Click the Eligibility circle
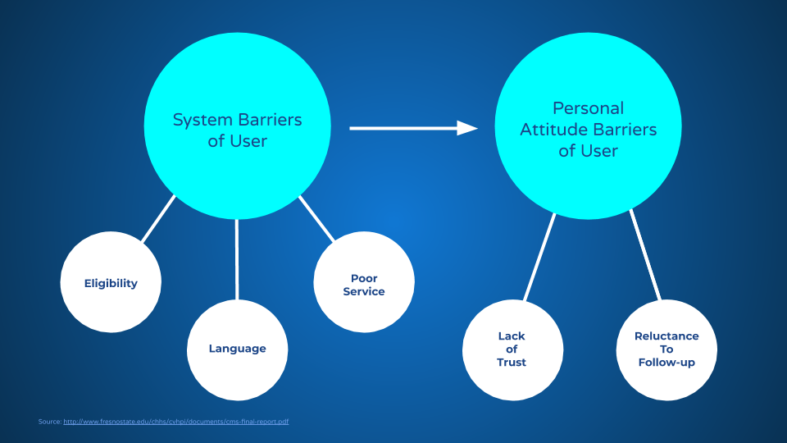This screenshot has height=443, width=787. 111,282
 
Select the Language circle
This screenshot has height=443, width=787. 237,349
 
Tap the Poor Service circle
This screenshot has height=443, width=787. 363,283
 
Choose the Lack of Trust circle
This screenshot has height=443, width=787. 512,349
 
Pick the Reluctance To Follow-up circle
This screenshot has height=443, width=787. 666,349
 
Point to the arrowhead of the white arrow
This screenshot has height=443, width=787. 468,128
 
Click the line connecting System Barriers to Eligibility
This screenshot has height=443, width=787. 159,218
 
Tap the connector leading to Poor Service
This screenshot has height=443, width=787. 316,219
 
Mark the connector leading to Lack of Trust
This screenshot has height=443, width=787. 540,256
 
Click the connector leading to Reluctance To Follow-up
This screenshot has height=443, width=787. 645,255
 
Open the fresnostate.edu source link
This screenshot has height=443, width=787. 175,422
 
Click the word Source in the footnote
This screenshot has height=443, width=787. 49,422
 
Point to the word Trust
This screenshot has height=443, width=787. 512,363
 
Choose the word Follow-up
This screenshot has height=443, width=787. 666,363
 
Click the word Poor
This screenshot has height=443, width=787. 364,278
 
